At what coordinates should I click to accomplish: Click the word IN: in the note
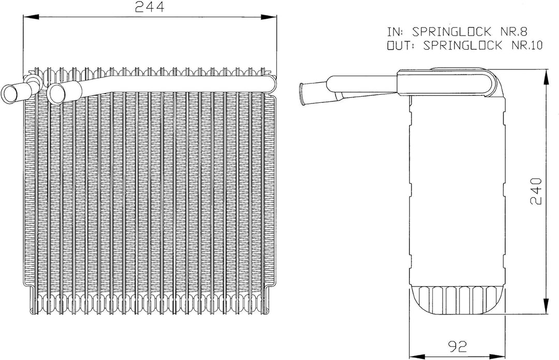(x=396, y=32)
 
